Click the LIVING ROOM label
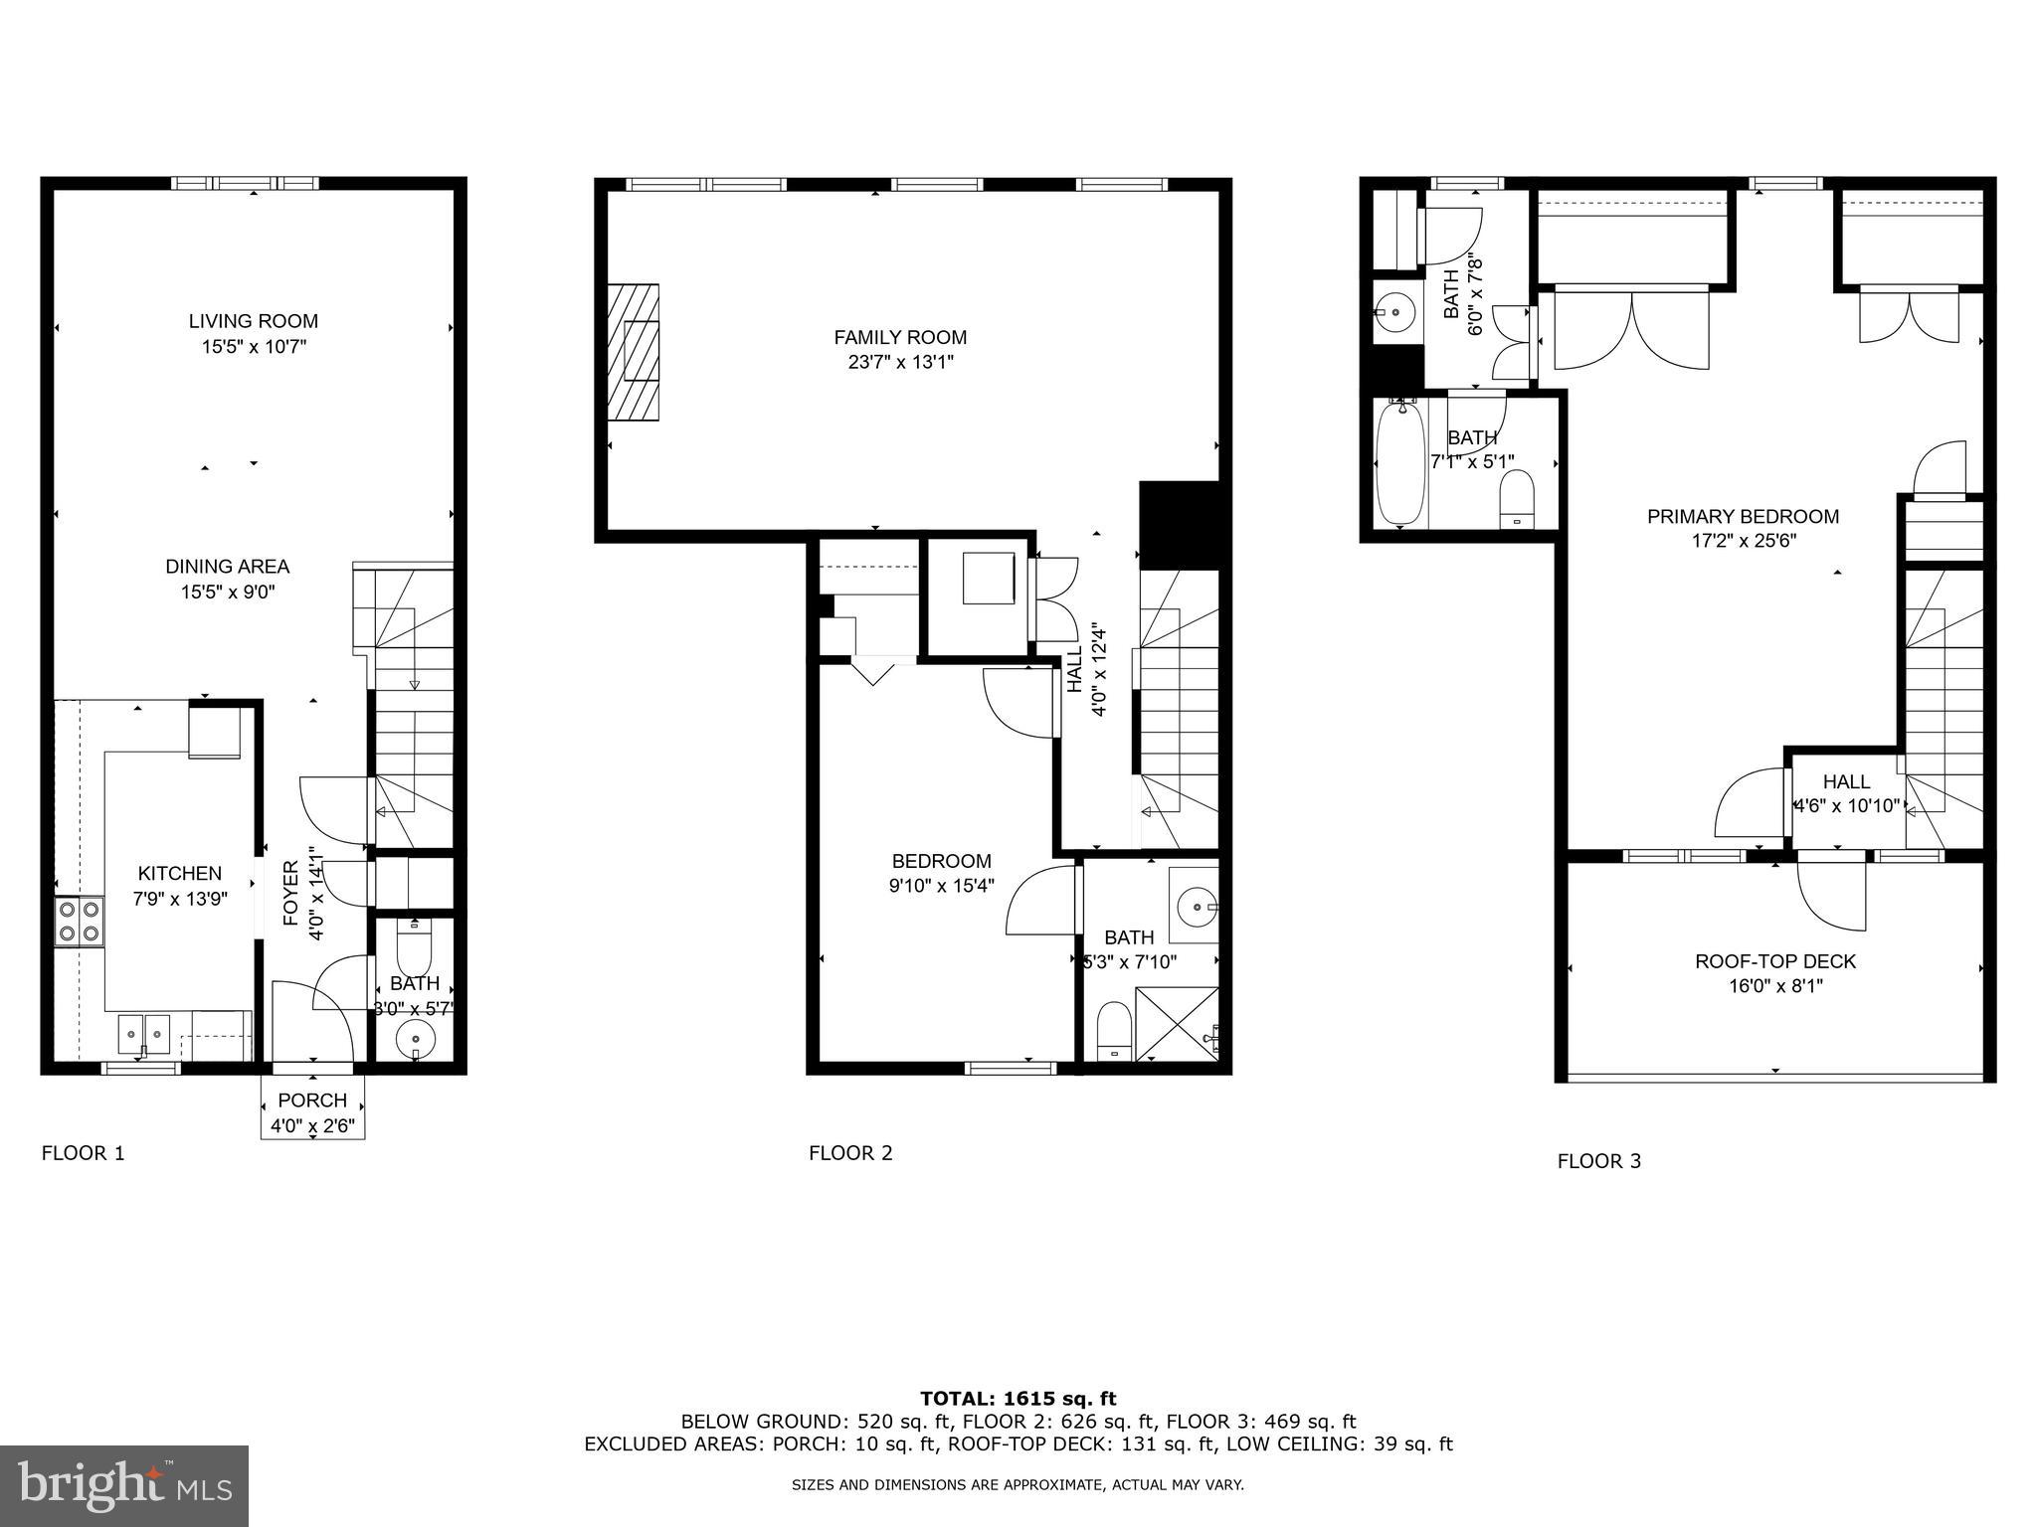pyautogui.click(x=254, y=321)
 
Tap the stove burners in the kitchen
pyautogui.click(x=80, y=920)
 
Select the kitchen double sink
pyautogui.click(x=144, y=1034)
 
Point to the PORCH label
pyautogui.click(x=312, y=1101)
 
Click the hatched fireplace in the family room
pyautogui.click(x=634, y=353)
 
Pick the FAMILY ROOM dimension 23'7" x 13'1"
pyautogui.click(x=900, y=363)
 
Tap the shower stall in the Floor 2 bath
pyautogui.click(x=1177, y=1024)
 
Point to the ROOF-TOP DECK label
pyautogui.click(x=1775, y=961)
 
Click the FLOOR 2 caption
pyautogui.click(x=850, y=1153)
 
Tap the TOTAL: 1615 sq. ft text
pyautogui.click(x=1018, y=1399)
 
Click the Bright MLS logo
pyautogui.click(x=124, y=1485)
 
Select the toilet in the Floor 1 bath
pyautogui.click(x=413, y=948)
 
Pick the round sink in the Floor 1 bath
pyautogui.click(x=415, y=1041)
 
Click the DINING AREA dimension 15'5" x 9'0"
pyautogui.click(x=227, y=593)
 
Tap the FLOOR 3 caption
pyautogui.click(x=1598, y=1161)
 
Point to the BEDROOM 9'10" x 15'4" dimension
pyautogui.click(x=941, y=886)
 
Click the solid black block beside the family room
pyautogui.click(x=1179, y=525)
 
